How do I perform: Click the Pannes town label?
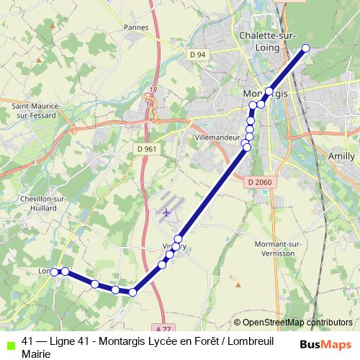[x=135, y=27]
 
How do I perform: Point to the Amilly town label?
[x=341, y=156]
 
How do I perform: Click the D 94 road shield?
[x=197, y=55]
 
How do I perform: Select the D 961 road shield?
[x=145, y=148]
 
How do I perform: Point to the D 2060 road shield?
[x=259, y=182]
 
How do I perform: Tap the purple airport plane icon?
[x=168, y=213]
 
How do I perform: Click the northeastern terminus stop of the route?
[x=305, y=49]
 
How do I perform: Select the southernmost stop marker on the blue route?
[x=132, y=292]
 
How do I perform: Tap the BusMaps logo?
[x=325, y=344]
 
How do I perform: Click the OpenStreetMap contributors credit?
[x=297, y=323]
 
